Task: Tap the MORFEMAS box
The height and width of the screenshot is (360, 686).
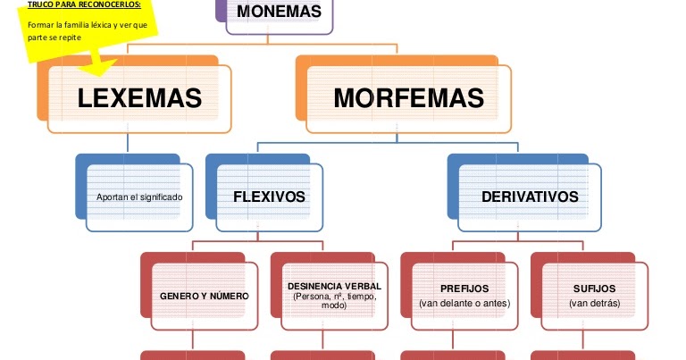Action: (x=408, y=98)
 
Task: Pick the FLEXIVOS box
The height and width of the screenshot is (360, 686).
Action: (x=269, y=197)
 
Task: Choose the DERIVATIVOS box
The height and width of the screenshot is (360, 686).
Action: (x=530, y=197)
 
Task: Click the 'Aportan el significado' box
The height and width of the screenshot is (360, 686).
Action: (x=138, y=197)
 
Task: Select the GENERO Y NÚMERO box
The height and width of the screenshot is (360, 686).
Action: (x=204, y=296)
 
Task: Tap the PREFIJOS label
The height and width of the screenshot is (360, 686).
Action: (x=464, y=289)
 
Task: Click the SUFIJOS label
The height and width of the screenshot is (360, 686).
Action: (x=594, y=289)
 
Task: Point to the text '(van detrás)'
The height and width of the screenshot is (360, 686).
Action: (x=594, y=304)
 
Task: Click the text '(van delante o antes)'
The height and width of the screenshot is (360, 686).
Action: (x=464, y=304)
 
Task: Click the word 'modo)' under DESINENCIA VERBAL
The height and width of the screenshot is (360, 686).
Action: (x=334, y=306)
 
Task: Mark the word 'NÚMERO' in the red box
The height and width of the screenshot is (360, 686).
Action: (x=229, y=296)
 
